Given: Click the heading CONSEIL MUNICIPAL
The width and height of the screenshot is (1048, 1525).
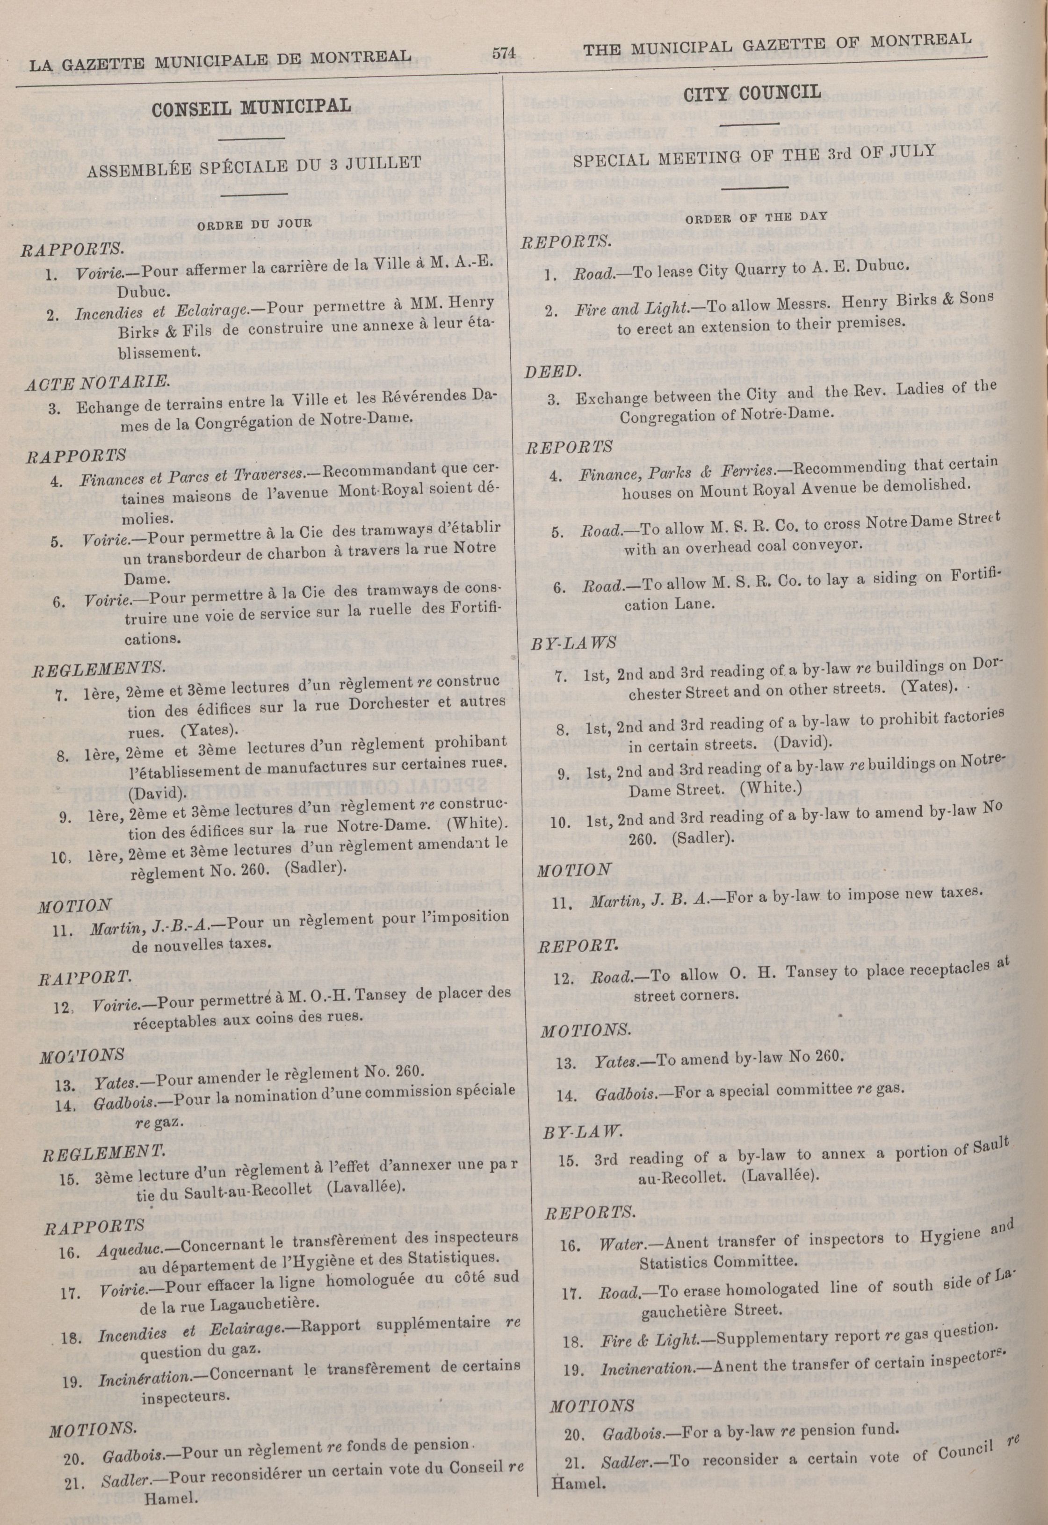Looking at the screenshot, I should [x=252, y=106].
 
